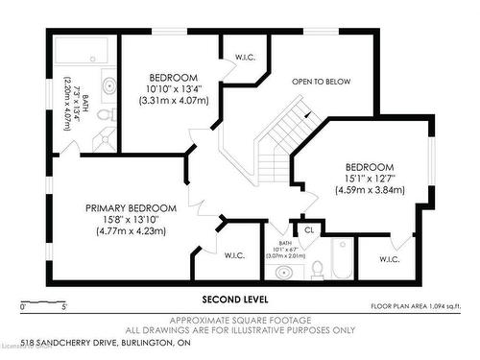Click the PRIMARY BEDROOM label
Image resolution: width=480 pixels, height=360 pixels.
[x=131, y=208]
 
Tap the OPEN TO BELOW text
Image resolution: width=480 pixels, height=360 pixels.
[x=321, y=82]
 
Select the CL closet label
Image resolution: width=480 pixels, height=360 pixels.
[x=309, y=229]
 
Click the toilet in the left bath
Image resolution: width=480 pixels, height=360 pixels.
[x=110, y=116]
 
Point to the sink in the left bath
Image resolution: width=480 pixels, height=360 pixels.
[x=108, y=86]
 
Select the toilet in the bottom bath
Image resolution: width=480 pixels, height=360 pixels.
[x=315, y=271]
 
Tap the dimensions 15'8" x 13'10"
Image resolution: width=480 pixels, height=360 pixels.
[x=131, y=221]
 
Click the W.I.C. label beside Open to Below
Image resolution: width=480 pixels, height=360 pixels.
[x=244, y=58]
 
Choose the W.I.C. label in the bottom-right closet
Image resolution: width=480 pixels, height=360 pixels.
[x=390, y=259]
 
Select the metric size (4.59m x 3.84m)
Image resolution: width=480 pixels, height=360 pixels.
[x=370, y=189]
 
